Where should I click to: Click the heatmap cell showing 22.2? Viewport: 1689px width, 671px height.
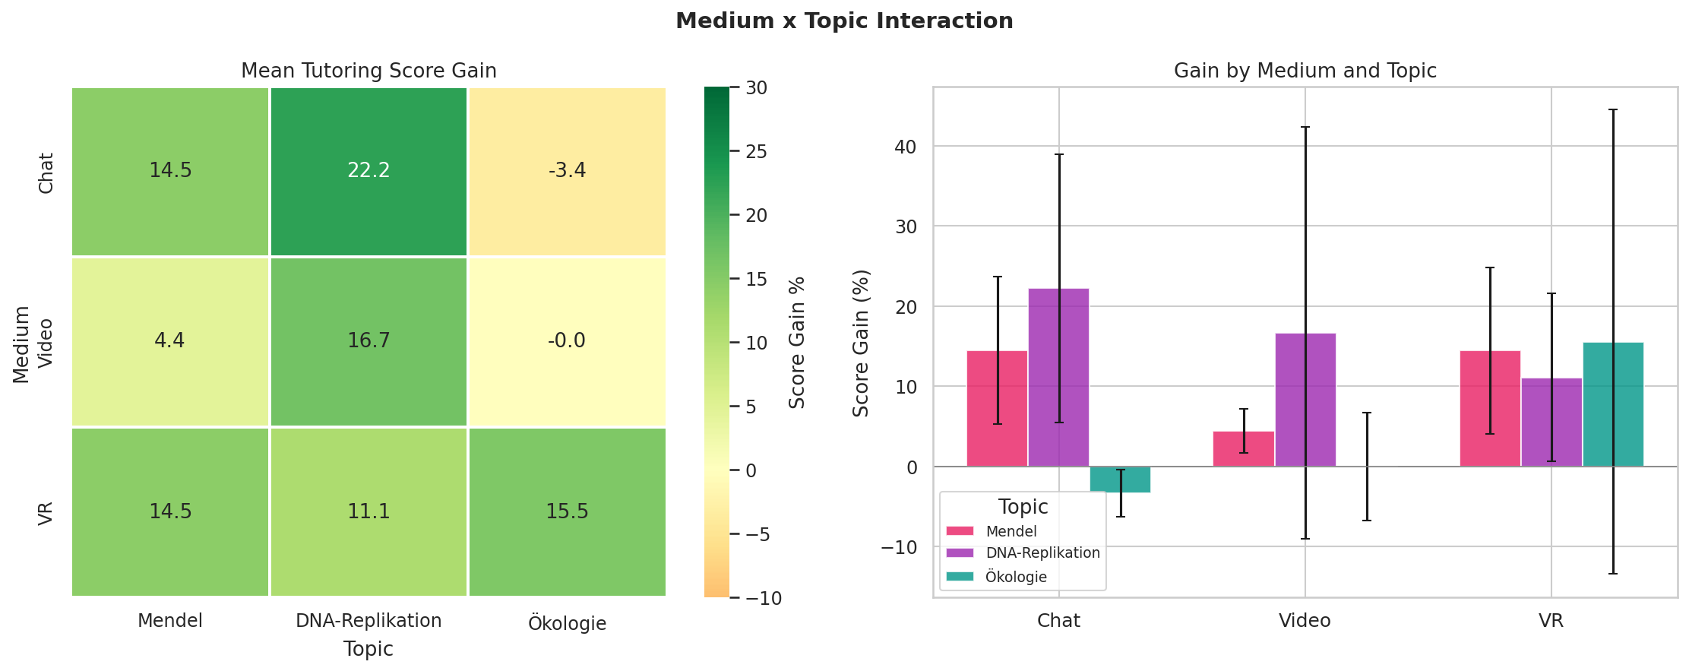368,171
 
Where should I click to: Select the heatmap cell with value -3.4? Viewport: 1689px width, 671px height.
567,171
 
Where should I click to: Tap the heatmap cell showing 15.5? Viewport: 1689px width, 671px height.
567,511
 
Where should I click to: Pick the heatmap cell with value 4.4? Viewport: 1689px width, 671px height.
170,341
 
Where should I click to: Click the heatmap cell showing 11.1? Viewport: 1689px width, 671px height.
368,511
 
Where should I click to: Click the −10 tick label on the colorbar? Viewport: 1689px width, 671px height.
761,599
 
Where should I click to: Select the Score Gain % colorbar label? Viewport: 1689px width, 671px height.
797,342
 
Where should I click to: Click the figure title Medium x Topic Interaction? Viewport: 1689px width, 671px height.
844,21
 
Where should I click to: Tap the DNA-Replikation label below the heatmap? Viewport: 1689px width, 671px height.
368,621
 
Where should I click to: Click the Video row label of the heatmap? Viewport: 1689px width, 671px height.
46,343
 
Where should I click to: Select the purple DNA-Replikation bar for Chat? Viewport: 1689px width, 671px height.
1058,378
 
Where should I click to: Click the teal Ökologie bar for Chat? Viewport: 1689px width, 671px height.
1120,480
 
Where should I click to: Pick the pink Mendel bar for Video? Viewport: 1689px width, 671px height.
1244,449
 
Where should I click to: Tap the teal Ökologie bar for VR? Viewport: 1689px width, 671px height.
1613,404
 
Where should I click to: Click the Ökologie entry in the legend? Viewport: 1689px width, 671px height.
1016,577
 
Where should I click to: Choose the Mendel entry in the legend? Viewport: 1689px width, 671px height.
1011,531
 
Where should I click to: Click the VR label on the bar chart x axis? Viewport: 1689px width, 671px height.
1551,621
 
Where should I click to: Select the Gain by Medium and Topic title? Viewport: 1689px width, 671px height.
1305,71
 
